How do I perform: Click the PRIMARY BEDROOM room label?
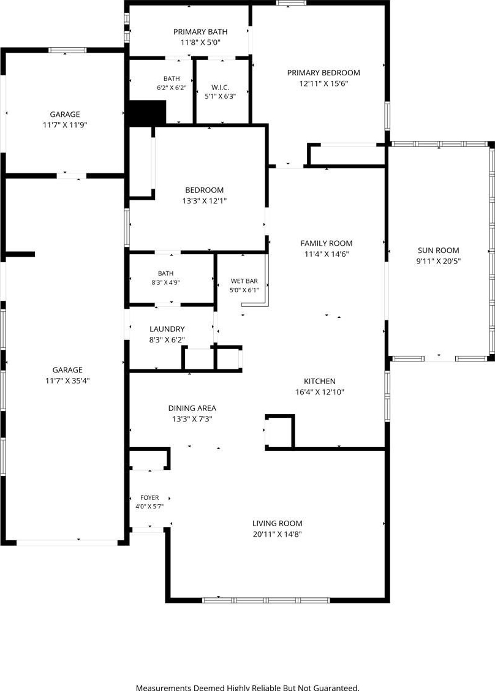[323, 73]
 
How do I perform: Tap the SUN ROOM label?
[439, 251]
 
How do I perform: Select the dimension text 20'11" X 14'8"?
[278, 534]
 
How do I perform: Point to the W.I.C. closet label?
[221, 88]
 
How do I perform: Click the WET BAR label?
[244, 281]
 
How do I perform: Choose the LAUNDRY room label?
[167, 329]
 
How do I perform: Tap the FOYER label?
[149, 497]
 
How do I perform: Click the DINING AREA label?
[192, 409]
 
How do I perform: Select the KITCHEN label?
[320, 382]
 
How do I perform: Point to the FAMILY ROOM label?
[327, 243]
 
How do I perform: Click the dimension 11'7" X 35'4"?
[67, 381]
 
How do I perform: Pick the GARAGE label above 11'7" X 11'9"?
[65, 115]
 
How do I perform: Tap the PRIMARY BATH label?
[200, 32]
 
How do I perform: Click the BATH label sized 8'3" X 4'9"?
[166, 274]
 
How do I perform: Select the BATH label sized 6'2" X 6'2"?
[172, 79]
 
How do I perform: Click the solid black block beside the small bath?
[146, 112]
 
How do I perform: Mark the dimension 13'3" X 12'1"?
[205, 201]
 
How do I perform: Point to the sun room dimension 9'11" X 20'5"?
[439, 262]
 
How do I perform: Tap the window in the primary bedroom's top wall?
[292, 2]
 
